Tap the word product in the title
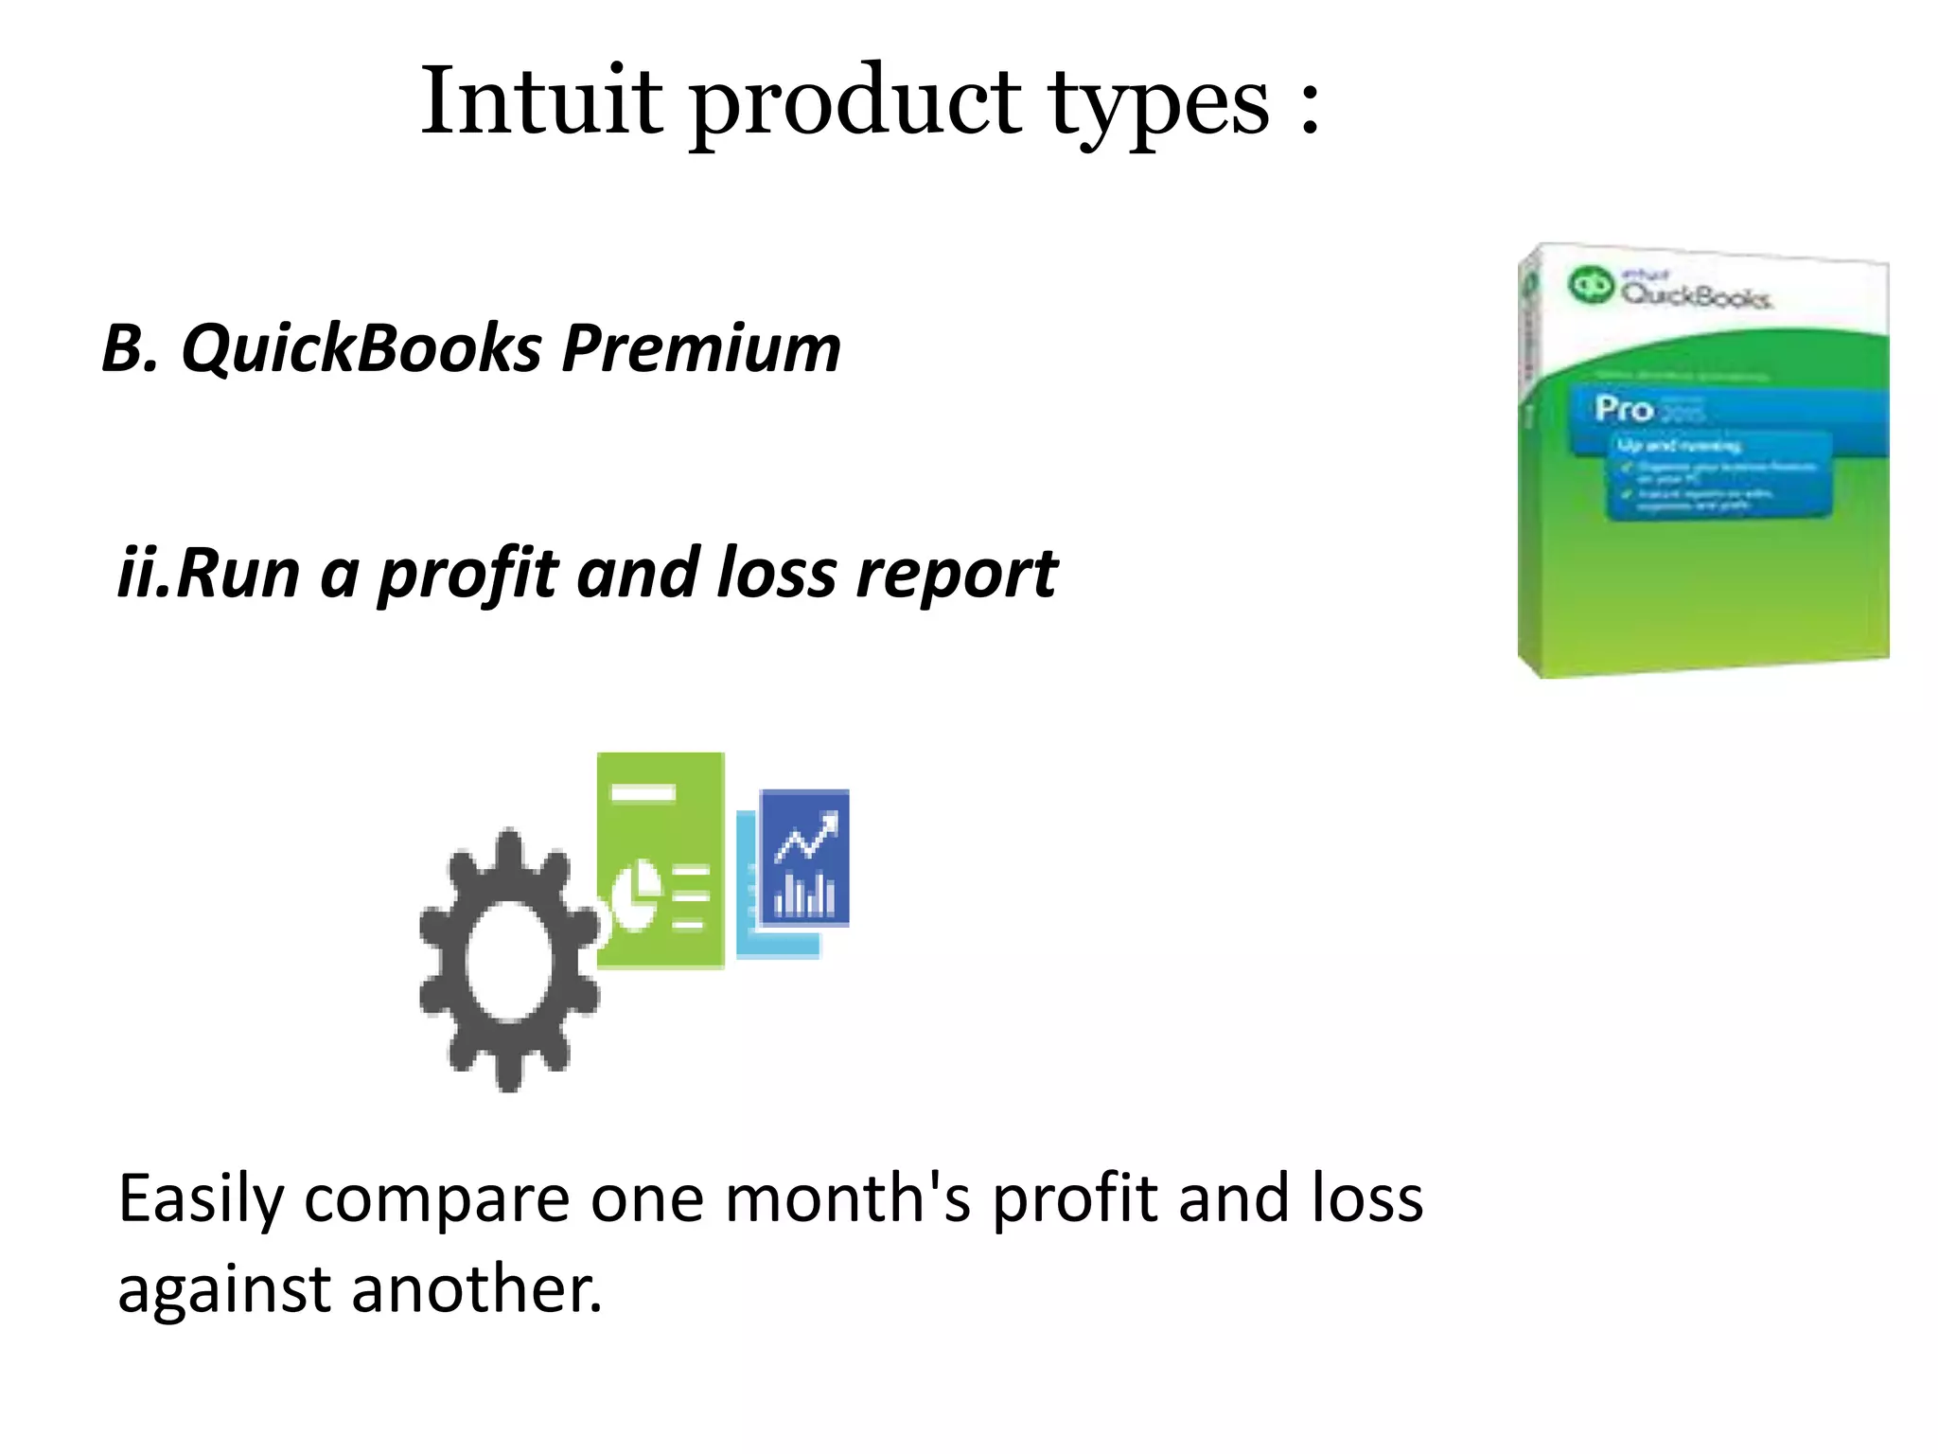click(x=856, y=102)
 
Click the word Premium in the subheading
click(x=700, y=348)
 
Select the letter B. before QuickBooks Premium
click(x=130, y=348)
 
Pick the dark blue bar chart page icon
click(x=804, y=858)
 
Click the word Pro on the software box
click(x=1623, y=409)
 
